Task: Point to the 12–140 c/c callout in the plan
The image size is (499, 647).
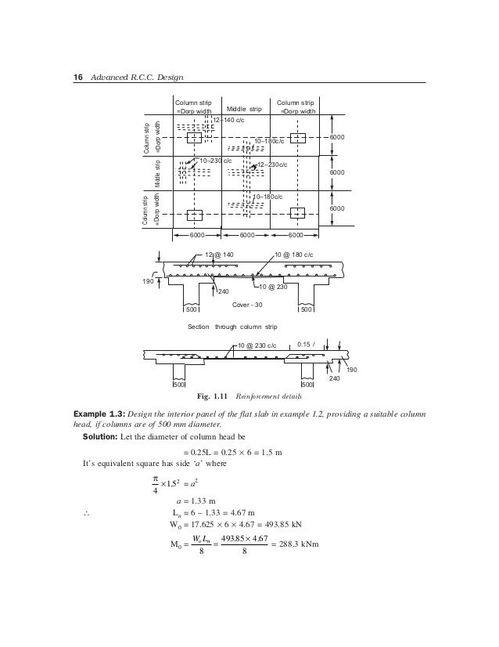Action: point(232,120)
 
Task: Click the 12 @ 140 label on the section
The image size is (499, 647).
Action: point(219,255)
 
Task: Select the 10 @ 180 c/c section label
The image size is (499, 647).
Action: point(302,255)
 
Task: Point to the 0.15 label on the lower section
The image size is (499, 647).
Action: point(307,342)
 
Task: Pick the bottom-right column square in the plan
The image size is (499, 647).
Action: point(297,213)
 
